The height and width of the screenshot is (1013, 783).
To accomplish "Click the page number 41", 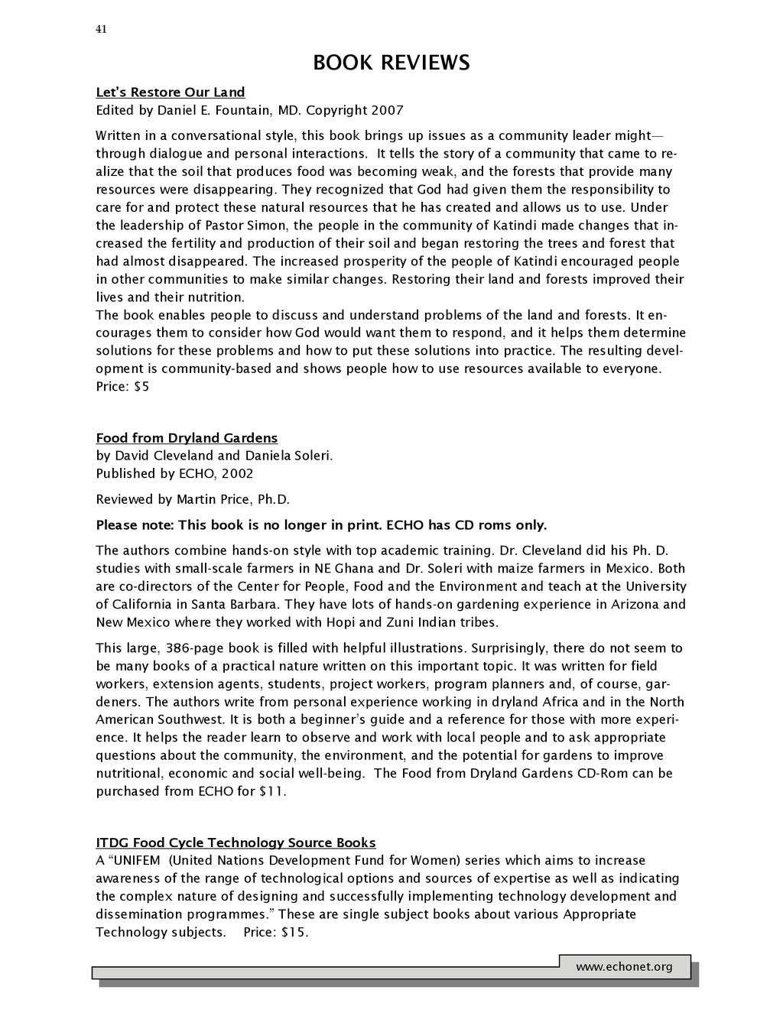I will pos(101,29).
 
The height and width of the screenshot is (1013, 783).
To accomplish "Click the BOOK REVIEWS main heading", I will pos(391,63).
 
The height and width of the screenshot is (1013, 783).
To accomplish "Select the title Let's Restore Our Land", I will pos(171,93).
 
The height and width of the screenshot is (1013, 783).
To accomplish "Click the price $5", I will pos(141,387).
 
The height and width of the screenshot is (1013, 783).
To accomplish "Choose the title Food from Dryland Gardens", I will pos(187,438).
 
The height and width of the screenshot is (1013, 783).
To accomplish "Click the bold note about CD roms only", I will pos(321,525).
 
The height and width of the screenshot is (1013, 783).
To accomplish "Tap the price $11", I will pos(271,791).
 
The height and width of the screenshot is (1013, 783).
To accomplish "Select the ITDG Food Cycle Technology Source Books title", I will pos(236,843).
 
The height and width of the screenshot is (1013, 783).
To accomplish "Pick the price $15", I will pos(294,932).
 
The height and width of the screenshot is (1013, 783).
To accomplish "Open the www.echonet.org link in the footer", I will pos(624,967).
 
